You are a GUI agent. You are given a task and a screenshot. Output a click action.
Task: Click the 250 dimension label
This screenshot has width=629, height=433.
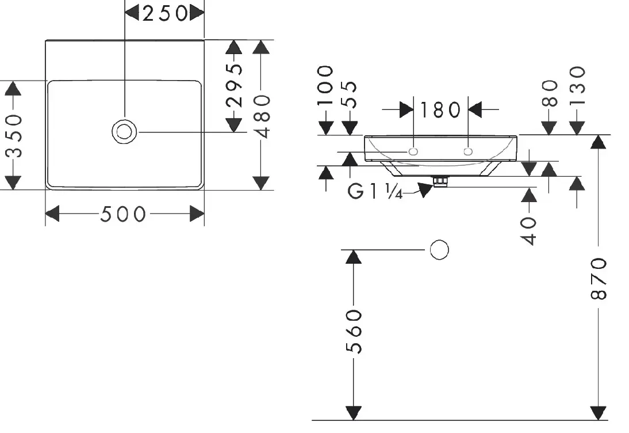165,13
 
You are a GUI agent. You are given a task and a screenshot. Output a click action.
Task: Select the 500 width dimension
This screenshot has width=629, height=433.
122,214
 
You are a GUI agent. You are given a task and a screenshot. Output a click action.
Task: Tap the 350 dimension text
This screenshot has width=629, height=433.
13,135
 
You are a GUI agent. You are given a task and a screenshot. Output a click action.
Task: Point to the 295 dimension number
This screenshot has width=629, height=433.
234,85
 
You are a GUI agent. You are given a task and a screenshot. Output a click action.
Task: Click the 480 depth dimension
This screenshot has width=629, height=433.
262,116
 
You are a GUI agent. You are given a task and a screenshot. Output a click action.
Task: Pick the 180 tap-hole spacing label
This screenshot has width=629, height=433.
440,109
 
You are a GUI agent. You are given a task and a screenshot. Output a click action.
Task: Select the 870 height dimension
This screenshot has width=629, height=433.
599,279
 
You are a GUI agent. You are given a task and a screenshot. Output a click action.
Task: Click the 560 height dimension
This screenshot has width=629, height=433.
354,332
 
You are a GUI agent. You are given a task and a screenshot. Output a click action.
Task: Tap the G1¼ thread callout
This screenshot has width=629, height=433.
375,191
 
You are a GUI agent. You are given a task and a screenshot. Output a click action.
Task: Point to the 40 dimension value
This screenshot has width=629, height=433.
529,231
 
